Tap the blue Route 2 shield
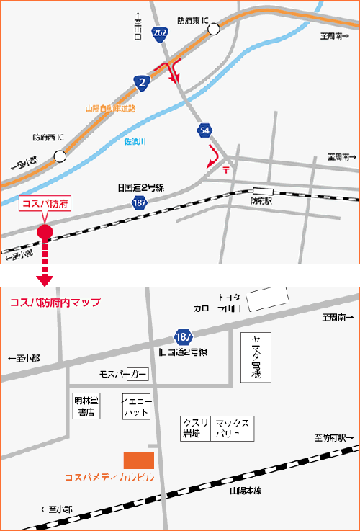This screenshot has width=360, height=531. point(142,83)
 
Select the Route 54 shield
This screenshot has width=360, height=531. point(206,130)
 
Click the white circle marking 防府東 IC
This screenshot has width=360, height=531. point(214,29)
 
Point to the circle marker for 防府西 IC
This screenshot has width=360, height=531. point(59,156)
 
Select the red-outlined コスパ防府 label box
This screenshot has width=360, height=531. point(45,204)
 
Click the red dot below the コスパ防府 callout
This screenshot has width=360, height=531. point(45,231)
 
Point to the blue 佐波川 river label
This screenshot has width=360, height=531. point(135,141)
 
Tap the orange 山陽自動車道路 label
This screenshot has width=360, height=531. point(109,108)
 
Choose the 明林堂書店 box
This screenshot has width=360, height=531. point(86,406)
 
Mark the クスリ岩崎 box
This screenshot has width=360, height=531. point(194,429)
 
